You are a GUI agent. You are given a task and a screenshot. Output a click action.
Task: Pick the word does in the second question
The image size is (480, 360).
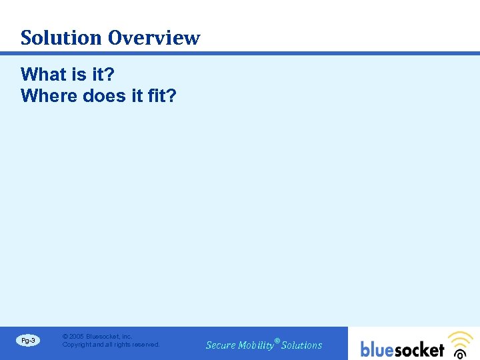tap(104, 96)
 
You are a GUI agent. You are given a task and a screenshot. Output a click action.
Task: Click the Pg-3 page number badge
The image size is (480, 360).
tap(28, 341)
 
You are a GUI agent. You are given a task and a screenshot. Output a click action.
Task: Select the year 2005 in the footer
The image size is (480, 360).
tap(77, 337)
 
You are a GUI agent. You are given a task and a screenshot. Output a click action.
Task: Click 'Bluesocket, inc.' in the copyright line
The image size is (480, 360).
tap(109, 337)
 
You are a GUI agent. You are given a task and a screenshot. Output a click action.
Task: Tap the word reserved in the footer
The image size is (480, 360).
tap(145, 345)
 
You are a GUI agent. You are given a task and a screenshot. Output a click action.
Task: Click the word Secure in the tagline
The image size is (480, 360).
tap(221, 345)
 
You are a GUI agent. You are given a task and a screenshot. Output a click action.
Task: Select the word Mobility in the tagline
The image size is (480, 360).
tap(256, 345)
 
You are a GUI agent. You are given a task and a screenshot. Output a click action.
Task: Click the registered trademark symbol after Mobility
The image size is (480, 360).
tap(277, 341)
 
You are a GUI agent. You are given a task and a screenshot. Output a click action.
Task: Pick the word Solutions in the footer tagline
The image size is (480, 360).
tap(302, 345)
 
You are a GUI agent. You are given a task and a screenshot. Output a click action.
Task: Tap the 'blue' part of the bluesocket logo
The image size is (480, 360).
tap(379, 349)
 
